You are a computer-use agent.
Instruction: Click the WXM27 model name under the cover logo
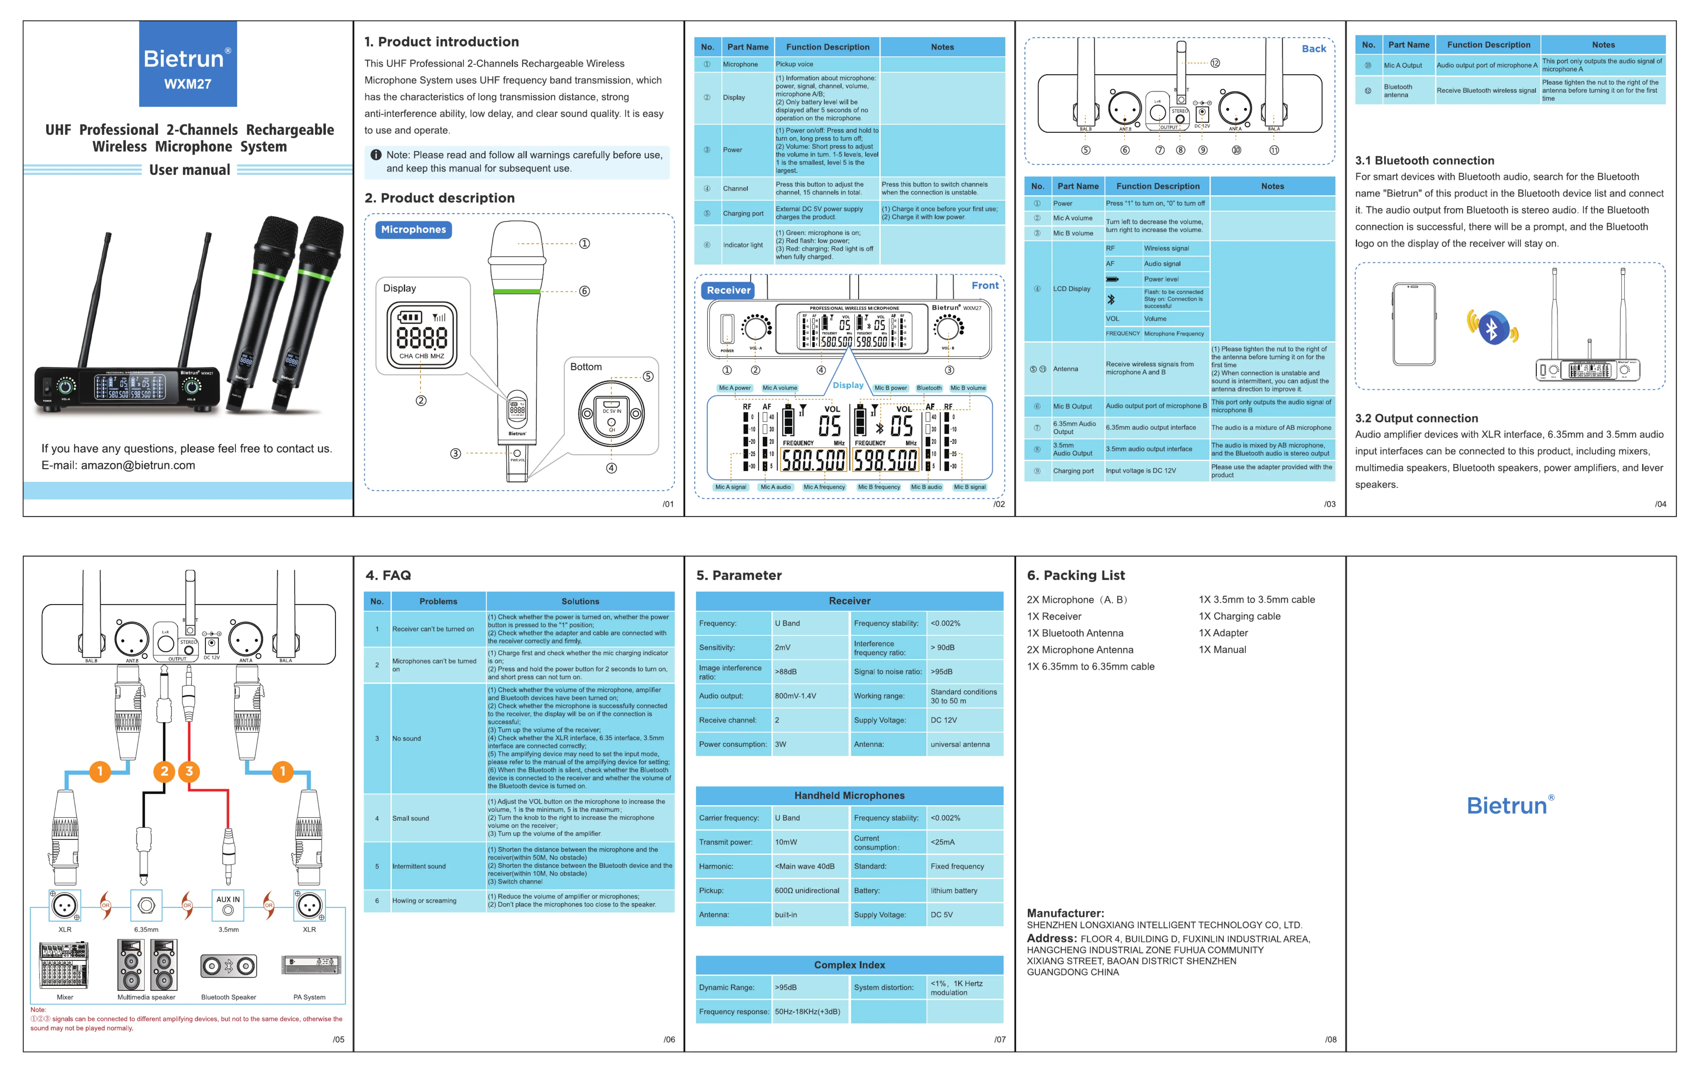(188, 84)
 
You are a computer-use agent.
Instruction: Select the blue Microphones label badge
(414, 230)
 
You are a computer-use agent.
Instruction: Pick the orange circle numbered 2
(164, 771)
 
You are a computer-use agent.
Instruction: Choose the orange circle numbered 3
(189, 771)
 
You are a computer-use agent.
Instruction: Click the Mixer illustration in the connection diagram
(64, 965)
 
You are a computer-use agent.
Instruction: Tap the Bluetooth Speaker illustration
(228, 965)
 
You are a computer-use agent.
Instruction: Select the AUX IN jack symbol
(228, 905)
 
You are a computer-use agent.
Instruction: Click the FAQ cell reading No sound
(407, 738)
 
